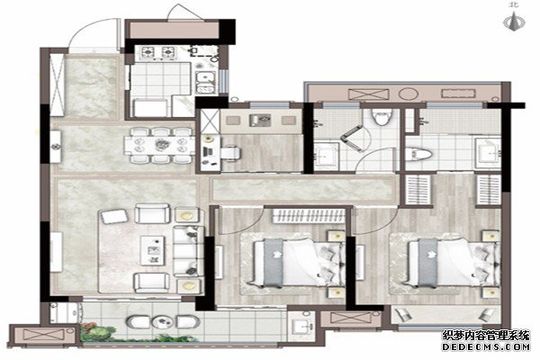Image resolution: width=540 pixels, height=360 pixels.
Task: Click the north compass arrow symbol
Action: point(514,21)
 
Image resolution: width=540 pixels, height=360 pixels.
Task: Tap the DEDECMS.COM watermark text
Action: point(486,346)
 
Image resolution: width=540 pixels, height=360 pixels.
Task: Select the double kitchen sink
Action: point(206,82)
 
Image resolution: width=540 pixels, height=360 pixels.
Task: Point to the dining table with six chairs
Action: point(160,145)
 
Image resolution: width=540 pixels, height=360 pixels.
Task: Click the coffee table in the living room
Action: point(153,250)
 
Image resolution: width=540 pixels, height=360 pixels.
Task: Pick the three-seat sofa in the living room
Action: point(188,251)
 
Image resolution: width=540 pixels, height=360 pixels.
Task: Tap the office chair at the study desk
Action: point(230,153)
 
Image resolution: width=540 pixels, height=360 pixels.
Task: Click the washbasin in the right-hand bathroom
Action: point(488,150)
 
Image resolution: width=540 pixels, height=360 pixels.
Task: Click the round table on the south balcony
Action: point(163,322)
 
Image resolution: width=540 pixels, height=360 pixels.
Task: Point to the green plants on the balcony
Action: point(100,331)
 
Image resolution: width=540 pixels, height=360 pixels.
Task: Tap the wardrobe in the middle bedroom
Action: point(309,216)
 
